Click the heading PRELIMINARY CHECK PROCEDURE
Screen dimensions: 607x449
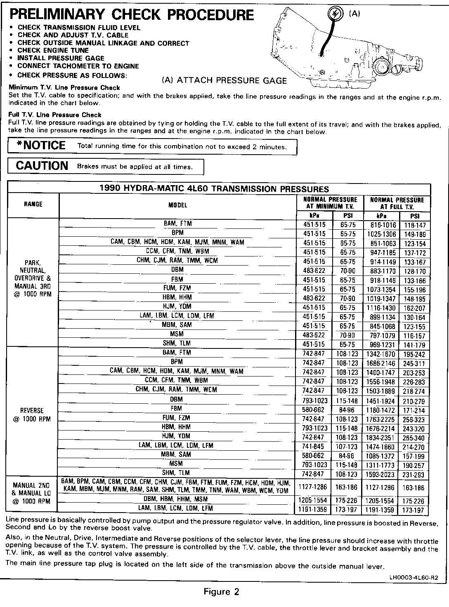pos(131,14)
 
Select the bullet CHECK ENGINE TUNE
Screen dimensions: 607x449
pos(53,50)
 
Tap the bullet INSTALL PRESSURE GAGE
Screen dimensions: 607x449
pos(61,58)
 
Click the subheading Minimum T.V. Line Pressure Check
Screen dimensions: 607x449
pos(64,87)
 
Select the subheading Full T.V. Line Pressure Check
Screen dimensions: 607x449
pos(54,115)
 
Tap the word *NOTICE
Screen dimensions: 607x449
pos(40,146)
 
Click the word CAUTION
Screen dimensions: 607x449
pos(42,166)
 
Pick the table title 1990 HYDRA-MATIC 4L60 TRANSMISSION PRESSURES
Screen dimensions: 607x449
pos(214,188)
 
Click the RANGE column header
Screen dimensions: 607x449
pos(33,204)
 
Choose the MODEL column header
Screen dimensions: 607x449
pos(177,205)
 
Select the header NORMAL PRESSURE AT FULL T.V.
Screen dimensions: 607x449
pos(397,203)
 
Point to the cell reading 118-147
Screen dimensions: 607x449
pos(415,225)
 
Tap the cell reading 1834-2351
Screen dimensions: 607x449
pos(380,438)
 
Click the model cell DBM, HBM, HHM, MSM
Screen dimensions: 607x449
pos(177,499)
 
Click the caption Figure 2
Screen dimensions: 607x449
pos(222,592)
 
